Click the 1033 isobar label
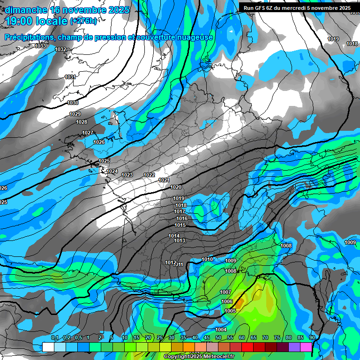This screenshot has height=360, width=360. [41, 46]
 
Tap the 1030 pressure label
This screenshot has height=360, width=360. [73, 103]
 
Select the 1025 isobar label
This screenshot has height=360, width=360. [104, 161]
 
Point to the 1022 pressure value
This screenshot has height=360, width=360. [149, 175]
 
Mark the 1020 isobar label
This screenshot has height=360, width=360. [176, 187]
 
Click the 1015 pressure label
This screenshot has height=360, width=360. [180, 225]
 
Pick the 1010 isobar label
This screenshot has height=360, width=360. [207, 260]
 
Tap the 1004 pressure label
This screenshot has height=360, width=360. [221, 330]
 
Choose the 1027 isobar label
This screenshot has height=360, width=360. [88, 133]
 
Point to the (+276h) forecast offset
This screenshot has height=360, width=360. [83, 21]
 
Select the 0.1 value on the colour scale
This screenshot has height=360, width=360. [55, 338]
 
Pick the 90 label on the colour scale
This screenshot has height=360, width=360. [312, 338]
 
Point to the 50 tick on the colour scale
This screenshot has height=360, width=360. [218, 338]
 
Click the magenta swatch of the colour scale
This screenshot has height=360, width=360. [306, 347]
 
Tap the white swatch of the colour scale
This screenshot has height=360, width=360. [48, 347]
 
